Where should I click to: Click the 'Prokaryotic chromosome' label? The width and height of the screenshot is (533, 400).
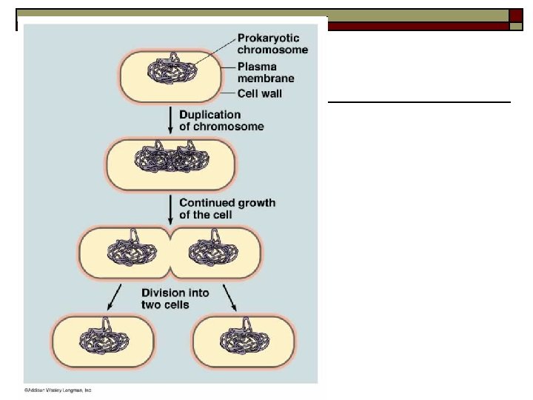click(272, 44)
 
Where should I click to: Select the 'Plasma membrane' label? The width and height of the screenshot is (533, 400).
click(266, 72)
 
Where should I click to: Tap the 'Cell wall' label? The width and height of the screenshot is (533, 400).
click(259, 94)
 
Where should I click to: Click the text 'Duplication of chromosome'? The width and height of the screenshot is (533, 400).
click(221, 121)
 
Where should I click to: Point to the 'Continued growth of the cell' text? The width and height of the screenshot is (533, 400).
click(227, 208)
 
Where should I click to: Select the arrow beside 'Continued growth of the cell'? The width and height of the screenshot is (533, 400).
click(170, 210)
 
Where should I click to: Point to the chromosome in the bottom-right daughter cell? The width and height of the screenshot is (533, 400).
click(244, 341)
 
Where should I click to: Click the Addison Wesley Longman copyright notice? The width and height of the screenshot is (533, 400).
click(57, 390)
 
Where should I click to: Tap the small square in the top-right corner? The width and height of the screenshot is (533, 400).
click(516, 16)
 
